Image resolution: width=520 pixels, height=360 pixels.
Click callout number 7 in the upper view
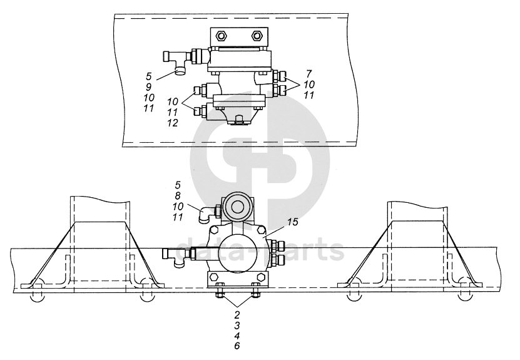(x=309, y=73)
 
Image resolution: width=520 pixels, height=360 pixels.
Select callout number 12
(x=173, y=123)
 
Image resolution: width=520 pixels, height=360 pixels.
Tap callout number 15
(x=292, y=222)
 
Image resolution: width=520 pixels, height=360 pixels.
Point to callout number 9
(x=148, y=87)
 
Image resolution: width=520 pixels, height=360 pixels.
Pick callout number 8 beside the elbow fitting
(x=178, y=196)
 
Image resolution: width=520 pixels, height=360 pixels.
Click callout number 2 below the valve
(x=237, y=314)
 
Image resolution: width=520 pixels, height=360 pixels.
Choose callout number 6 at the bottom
(x=237, y=346)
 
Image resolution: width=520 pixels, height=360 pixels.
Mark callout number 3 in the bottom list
(x=237, y=325)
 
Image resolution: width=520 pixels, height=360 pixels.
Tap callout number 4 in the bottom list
(x=237, y=336)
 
